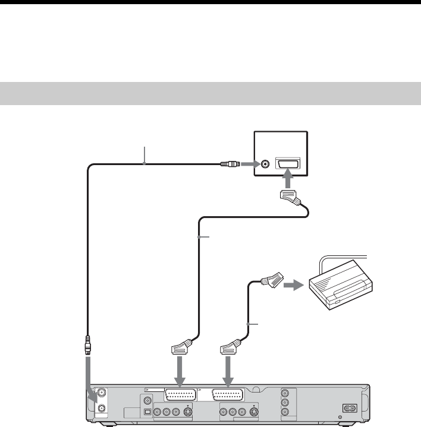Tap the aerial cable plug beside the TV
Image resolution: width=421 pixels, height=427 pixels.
229,164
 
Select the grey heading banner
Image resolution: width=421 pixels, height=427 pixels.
211,93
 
